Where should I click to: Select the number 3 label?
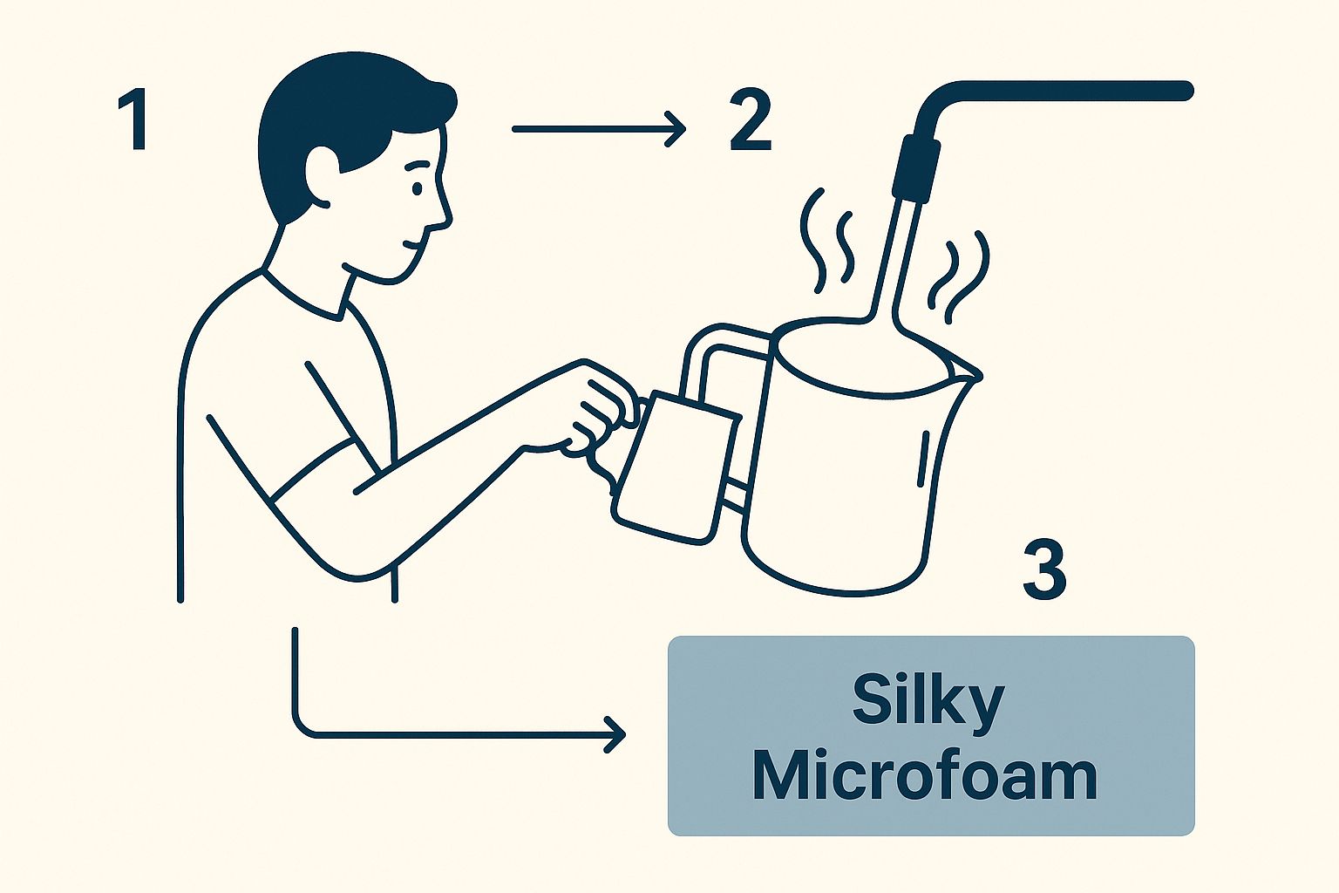[1044, 570]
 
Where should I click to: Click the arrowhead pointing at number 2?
[676, 129]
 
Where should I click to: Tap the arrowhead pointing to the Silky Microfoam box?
[615, 734]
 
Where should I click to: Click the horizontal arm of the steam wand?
[1072, 90]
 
